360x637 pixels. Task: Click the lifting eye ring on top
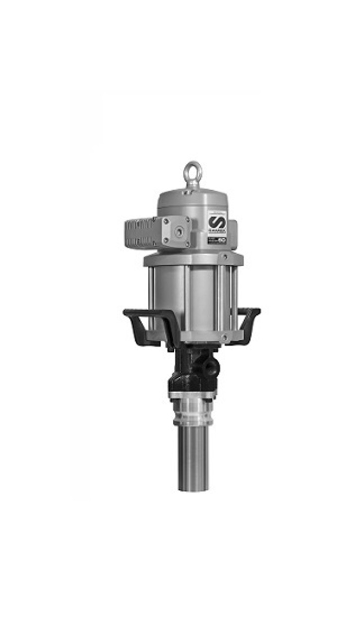(x=191, y=172)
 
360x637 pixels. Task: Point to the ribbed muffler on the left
(x=142, y=233)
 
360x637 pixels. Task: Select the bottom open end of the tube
(x=193, y=489)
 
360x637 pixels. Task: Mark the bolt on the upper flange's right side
(x=226, y=257)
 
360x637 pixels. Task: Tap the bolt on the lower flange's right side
(x=225, y=338)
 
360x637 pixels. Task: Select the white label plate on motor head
(x=217, y=226)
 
